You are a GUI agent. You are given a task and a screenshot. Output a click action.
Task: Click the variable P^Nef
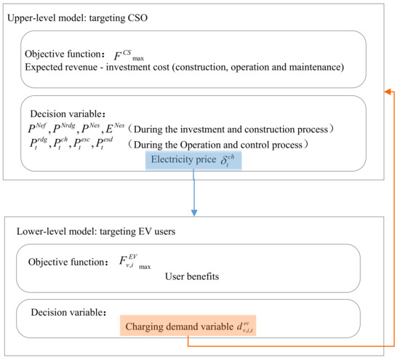[36, 129]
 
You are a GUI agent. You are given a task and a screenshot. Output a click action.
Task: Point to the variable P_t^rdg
[35, 145]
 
